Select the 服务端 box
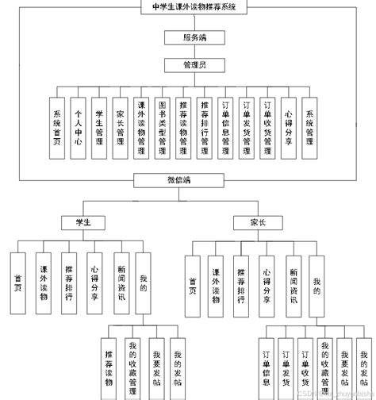coord(188,37)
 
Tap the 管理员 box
coord(188,65)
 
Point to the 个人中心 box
coord(77,125)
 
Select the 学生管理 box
coord(98,125)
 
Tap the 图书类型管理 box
coord(162,125)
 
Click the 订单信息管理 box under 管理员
coord(225,125)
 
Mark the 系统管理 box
coord(309,125)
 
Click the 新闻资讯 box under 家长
coord(293,283)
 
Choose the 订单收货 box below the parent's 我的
coord(305,363)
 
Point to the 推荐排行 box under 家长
coord(241,283)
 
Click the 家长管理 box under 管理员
coord(120,125)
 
